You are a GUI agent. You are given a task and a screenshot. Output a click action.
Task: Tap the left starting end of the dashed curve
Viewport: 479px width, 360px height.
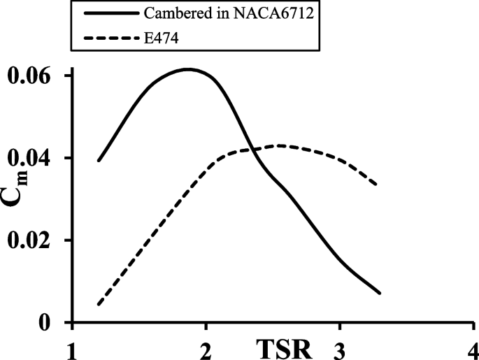[98, 305]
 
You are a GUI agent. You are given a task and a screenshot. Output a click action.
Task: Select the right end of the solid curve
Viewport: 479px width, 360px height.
[380, 293]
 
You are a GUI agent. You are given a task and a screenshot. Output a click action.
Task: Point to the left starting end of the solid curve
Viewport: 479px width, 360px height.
[98, 161]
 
